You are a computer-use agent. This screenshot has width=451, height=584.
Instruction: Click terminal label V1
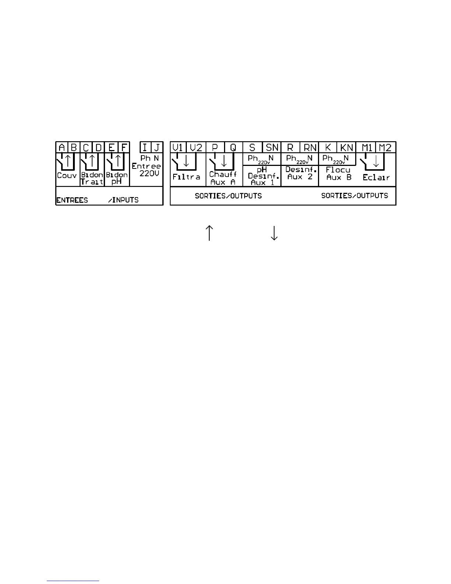[178, 147]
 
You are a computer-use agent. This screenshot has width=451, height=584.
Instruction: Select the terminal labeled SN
[272, 147]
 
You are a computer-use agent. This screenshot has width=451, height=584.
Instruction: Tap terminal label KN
[346, 147]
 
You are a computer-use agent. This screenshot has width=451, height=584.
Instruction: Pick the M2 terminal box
[385, 147]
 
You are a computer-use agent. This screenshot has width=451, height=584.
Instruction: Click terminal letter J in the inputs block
[157, 147]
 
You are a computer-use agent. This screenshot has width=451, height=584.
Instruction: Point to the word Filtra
[186, 177]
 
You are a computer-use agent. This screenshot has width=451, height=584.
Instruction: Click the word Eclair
[376, 177]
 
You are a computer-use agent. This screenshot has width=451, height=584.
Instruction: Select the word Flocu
[338, 170]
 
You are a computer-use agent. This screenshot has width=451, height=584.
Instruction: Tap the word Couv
[67, 175]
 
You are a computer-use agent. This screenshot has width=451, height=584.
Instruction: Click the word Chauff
[223, 174]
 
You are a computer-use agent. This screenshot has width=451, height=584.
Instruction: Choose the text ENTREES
[72, 200]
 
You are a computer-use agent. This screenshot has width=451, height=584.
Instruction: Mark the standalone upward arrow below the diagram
[209, 233]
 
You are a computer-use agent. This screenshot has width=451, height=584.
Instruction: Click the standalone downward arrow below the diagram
[274, 233]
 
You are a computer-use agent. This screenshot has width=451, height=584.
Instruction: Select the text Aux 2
[300, 177]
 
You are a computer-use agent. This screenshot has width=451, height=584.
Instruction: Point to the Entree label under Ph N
[146, 166]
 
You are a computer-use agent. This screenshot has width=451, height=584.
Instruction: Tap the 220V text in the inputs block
[149, 173]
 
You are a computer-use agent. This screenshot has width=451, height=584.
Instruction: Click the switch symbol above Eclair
[372, 161]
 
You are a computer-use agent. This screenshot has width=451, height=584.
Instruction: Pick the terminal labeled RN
[310, 147]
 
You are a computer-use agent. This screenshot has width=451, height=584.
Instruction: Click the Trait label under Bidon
[92, 182]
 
